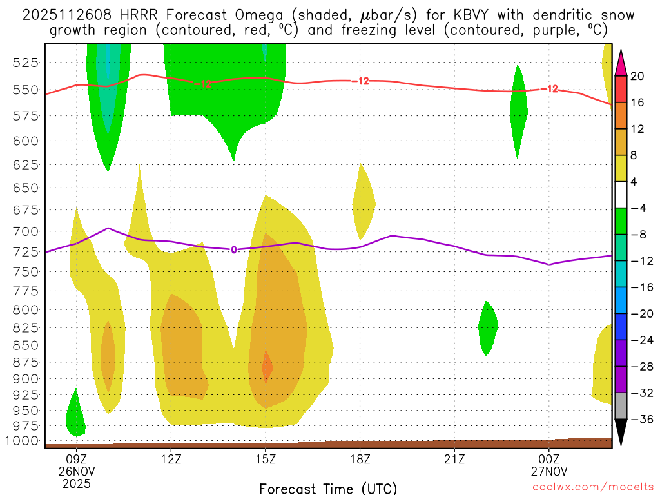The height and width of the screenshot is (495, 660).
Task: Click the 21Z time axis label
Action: point(454,460)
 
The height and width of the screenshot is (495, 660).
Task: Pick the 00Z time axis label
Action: point(549,460)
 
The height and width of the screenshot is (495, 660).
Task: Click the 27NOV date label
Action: point(549,471)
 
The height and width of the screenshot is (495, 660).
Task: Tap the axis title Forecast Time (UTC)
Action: point(328,488)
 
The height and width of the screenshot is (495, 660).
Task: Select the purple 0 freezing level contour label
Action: point(234,250)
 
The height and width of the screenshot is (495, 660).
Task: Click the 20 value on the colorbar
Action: point(637,76)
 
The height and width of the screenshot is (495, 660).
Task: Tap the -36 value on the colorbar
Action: point(640,419)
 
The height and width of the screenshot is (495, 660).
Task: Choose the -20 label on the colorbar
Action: point(640,313)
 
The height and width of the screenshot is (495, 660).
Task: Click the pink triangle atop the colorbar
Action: point(621,63)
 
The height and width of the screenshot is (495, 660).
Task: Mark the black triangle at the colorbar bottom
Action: point(621,432)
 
